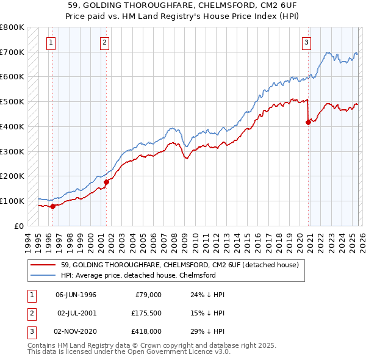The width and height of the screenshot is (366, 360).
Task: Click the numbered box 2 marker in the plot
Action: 105,42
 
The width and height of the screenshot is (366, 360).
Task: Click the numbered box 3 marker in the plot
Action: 306,42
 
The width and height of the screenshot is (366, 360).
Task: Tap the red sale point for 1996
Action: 53,206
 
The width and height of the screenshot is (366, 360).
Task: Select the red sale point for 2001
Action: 106,182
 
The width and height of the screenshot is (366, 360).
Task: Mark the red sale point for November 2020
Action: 308,122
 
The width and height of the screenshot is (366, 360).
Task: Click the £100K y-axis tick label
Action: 12,201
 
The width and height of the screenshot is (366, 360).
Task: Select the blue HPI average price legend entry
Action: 138,275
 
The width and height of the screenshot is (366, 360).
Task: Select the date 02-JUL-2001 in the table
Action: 76,313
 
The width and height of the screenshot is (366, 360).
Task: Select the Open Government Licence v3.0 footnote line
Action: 120,353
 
